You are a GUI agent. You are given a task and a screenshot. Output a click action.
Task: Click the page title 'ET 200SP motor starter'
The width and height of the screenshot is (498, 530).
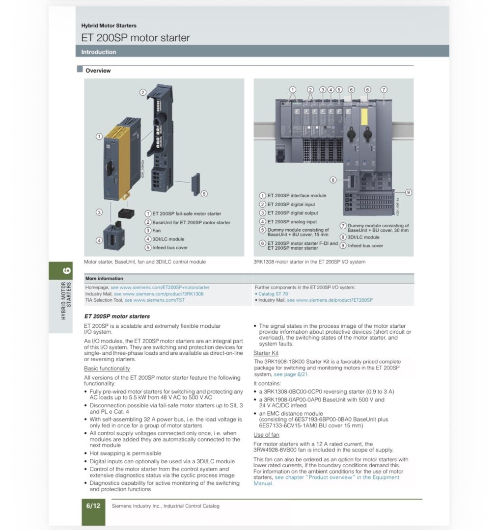tap(136, 38)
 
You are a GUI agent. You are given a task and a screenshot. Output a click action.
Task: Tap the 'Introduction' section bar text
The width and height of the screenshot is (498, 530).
tap(99, 52)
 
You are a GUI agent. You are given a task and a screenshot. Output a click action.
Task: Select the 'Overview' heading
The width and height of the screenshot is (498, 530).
tap(98, 71)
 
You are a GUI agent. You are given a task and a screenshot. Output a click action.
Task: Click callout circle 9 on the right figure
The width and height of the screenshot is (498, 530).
tap(408, 192)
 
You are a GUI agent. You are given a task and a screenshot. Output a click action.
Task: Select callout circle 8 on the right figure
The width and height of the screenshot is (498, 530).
tap(333, 180)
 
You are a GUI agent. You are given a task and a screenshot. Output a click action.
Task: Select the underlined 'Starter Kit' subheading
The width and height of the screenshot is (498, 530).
tap(266, 353)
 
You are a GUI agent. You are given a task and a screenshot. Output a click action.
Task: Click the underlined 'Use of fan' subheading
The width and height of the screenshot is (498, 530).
tap(266, 435)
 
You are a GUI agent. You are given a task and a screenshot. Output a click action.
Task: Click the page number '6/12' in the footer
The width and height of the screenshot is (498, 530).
tap(93, 506)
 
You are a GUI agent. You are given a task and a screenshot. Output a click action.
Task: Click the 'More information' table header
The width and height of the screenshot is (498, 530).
tap(104, 278)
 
